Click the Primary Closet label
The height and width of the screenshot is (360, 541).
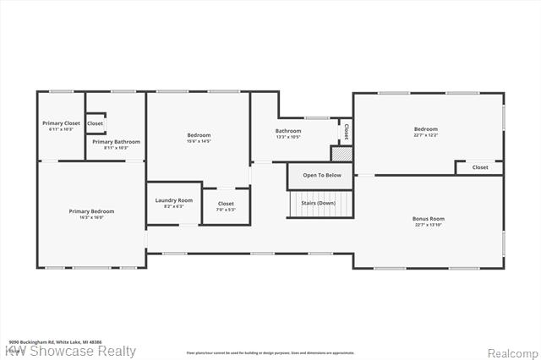tap(61, 123)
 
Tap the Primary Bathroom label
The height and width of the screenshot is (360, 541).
tap(116, 142)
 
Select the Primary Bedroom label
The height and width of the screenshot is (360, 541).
tap(91, 211)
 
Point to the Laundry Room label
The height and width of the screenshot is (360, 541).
tap(173, 200)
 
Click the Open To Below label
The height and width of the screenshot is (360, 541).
tap(322, 175)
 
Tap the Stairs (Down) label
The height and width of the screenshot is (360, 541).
tap(320, 204)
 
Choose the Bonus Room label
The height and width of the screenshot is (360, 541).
tap(429, 219)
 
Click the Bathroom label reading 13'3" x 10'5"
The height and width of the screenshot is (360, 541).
tap(288, 131)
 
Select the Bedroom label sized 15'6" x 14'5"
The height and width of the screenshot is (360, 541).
tap(199, 135)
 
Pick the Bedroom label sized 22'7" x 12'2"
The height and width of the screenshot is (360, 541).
tap(426, 129)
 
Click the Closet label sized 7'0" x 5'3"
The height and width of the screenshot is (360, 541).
tap(226, 204)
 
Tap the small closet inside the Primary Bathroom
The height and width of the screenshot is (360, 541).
tap(95, 123)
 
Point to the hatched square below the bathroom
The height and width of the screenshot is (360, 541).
tap(341, 154)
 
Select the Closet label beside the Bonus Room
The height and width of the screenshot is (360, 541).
tap(479, 167)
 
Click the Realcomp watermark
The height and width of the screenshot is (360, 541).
tap(509, 352)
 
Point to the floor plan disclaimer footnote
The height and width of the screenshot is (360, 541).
tap(270, 352)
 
